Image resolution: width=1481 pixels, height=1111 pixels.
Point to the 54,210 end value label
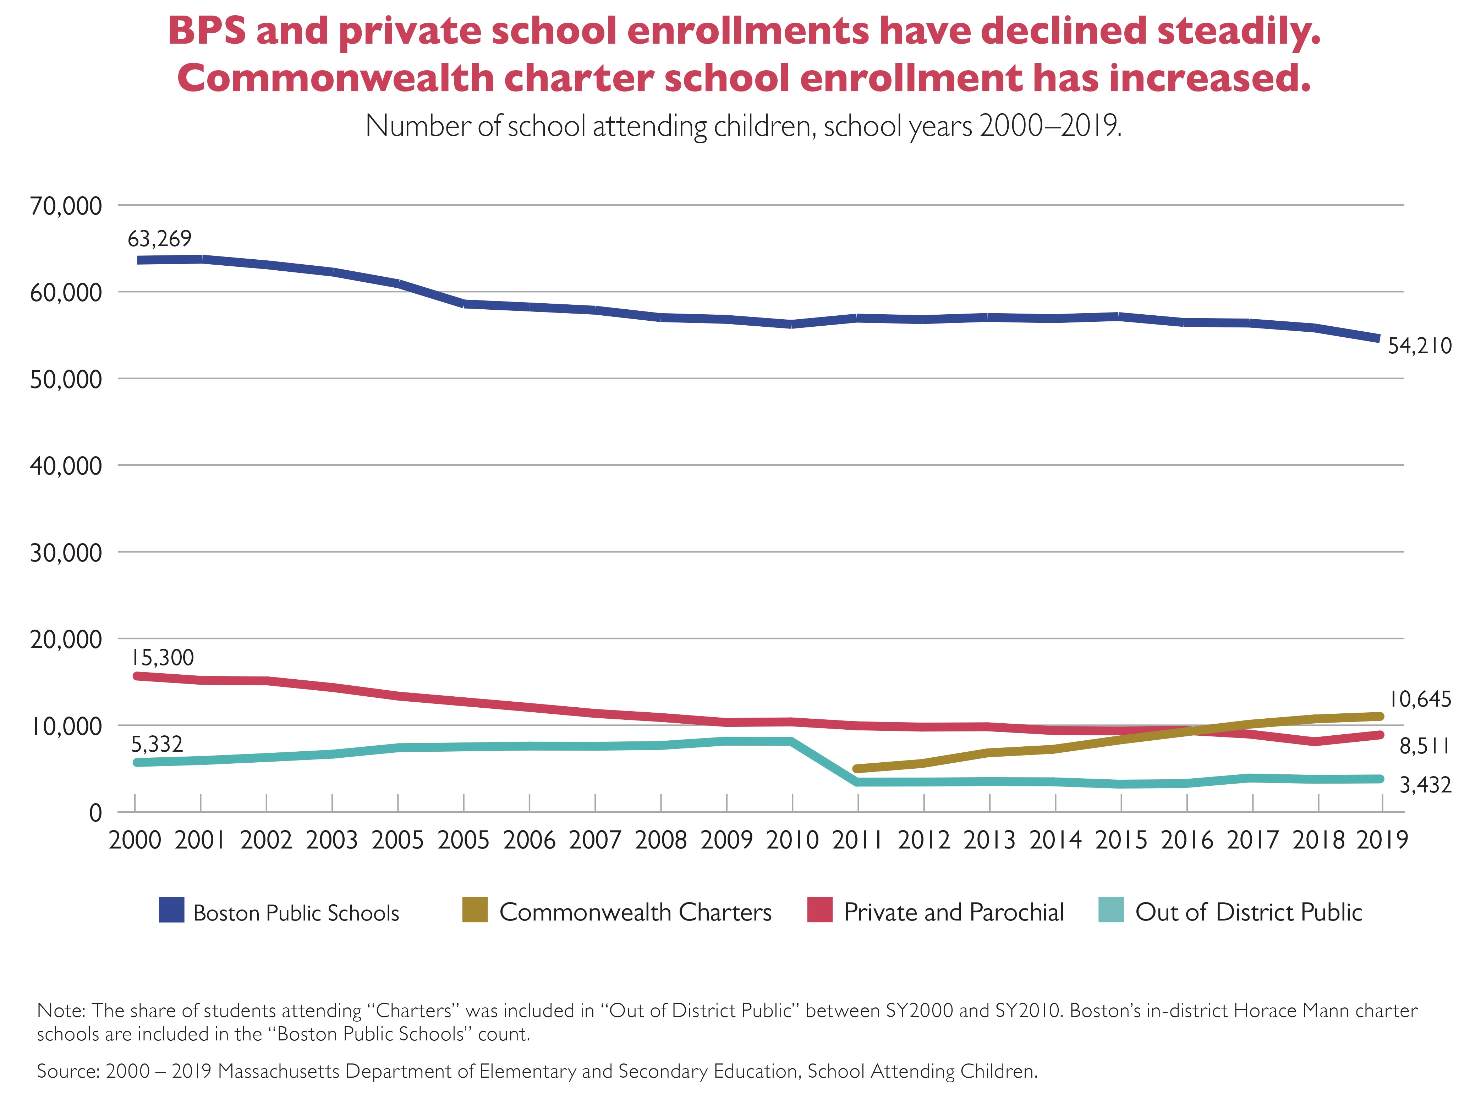pos(1419,346)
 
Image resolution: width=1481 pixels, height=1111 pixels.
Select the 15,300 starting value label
pos(162,658)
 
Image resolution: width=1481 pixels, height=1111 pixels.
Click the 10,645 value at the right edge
pos(1419,700)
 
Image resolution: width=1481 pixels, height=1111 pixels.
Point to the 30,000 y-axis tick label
pos(66,553)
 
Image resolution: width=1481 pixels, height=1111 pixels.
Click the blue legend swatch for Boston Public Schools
pos(171,910)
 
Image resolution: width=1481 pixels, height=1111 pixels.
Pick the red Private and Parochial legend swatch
pos(819,910)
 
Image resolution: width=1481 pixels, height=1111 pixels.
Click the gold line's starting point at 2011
pos(858,768)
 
